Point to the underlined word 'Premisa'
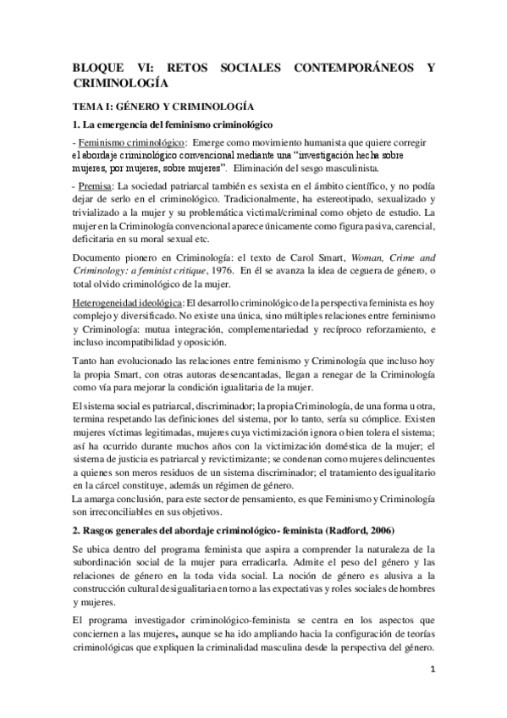[x=94, y=185]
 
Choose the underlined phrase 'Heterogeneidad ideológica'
[x=126, y=301]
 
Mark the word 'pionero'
[x=141, y=254]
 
